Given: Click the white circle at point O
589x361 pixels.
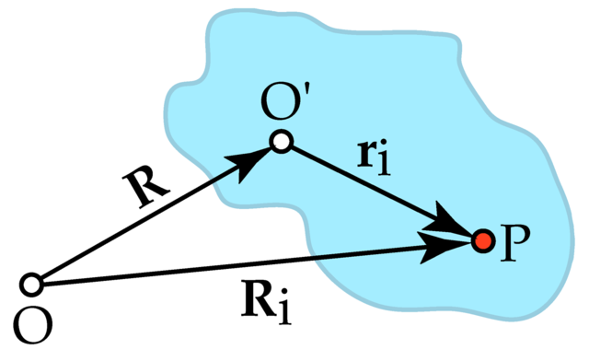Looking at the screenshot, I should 32,284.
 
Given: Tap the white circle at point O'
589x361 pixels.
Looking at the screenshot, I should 282,141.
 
